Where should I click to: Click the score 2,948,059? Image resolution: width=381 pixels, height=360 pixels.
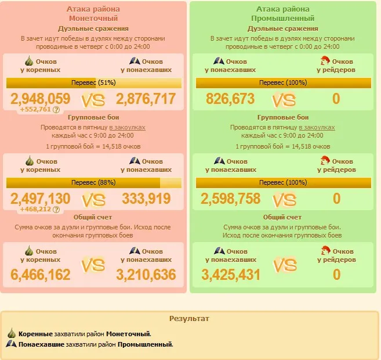(41, 99)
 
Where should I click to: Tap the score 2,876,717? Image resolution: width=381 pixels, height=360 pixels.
(146, 99)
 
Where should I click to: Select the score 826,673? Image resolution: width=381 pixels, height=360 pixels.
(230, 99)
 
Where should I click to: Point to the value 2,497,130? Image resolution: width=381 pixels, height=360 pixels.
(41, 199)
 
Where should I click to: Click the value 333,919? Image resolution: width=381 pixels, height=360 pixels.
(146, 199)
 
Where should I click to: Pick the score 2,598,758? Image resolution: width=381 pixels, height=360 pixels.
(230, 199)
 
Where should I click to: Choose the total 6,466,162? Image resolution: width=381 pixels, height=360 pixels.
(41, 274)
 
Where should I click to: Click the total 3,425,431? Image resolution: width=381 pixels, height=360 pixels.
(230, 275)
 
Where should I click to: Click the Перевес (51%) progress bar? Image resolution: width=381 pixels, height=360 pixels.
(93, 83)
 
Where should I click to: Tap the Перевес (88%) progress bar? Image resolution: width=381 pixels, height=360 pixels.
(93, 182)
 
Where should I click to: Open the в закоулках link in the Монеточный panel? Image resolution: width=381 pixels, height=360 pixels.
(128, 127)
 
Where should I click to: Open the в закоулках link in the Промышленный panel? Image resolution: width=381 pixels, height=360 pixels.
(317, 127)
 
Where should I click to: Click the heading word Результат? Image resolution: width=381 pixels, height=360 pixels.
(189, 319)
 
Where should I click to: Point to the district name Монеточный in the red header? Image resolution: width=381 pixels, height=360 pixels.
(93, 19)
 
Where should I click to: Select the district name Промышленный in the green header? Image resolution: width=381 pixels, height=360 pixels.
(282, 19)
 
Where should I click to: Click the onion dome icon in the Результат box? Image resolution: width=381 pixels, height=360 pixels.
(12, 334)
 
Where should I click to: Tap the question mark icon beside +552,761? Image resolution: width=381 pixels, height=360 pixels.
(56, 110)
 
